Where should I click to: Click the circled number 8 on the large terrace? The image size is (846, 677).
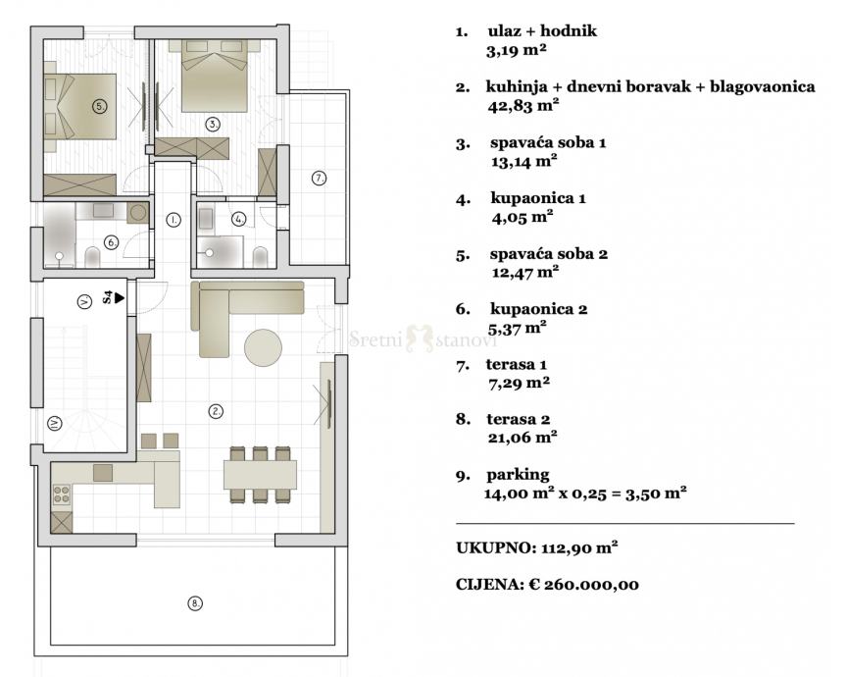(195, 603)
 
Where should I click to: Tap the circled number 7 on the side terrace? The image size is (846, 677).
(319, 178)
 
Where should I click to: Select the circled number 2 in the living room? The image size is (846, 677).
(216, 411)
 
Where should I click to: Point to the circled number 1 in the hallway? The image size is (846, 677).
(174, 220)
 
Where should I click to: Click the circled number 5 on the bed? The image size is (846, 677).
(99, 106)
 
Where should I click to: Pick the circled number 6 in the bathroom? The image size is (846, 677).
(111, 242)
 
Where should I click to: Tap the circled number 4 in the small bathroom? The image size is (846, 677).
(238, 219)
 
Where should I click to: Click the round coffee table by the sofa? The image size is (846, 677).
(264, 348)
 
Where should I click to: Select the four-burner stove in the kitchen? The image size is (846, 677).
(62, 495)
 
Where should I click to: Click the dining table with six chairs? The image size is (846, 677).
(261, 475)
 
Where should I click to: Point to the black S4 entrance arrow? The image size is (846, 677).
(119, 297)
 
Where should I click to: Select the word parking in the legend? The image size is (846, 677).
(518, 475)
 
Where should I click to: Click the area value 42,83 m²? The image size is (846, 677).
(523, 105)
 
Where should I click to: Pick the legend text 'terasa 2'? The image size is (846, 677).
(519, 419)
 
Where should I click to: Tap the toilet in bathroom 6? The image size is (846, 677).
(93, 257)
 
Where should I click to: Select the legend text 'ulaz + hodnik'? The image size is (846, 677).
(542, 30)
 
